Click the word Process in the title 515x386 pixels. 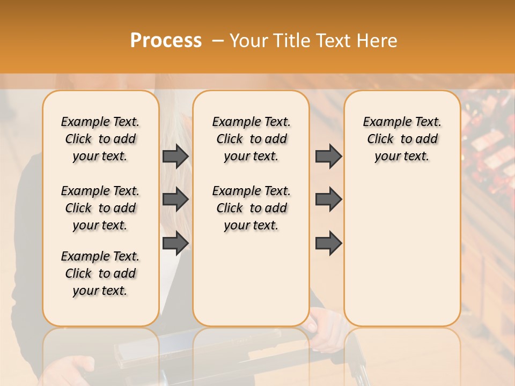pos(166,41)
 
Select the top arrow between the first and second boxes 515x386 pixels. pos(175,157)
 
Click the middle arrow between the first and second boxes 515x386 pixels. pos(175,200)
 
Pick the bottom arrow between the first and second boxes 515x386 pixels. pos(175,243)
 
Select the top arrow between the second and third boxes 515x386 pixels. pos(328,157)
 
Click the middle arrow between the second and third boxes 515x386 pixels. pos(328,200)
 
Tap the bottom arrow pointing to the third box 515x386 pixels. pos(328,243)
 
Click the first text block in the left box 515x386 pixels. pos(100,139)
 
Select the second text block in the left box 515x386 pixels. pos(100,208)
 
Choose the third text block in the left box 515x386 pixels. pos(100,273)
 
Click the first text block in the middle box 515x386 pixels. pos(252,139)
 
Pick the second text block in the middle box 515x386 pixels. pos(252,208)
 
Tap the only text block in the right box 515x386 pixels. pos(402,139)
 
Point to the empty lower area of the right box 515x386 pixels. pos(402,247)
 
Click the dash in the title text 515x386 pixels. pos(217,41)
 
